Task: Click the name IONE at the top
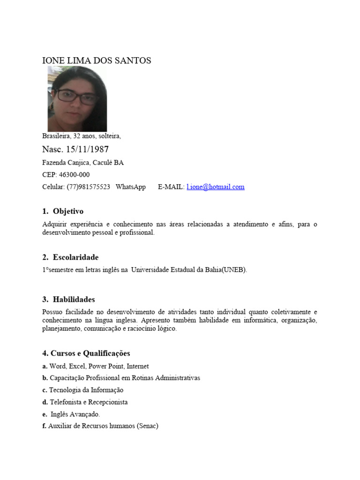[52, 61]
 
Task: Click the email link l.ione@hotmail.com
[215, 187]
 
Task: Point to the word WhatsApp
[131, 187]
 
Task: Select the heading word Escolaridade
[75, 257]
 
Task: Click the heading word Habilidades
[74, 300]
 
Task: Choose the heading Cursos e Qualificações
[90, 353]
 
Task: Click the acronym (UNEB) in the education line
[234, 270]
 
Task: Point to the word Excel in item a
[77, 366]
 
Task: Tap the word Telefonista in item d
[65, 402]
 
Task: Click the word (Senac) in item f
[148, 427]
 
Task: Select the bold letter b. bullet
[45, 378]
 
